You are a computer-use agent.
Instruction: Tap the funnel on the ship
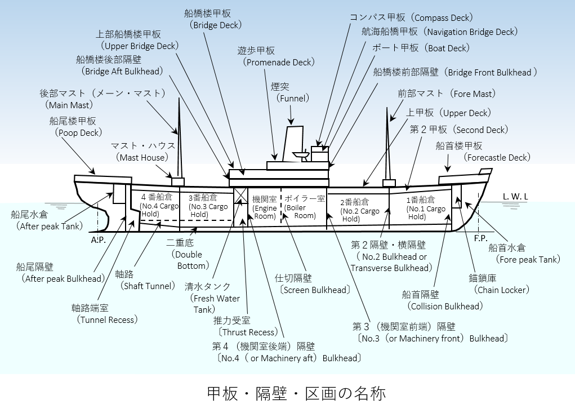[294, 144]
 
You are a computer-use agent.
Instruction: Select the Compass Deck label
[411, 17]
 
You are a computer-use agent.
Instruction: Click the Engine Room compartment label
[265, 207]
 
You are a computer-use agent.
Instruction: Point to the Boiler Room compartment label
[304, 207]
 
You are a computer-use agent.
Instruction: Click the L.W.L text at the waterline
[516, 196]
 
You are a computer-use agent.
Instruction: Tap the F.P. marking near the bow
[480, 238]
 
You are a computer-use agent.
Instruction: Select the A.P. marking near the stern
[98, 240]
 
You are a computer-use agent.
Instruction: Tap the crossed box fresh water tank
[240, 196]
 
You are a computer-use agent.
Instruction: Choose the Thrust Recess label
[245, 326]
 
